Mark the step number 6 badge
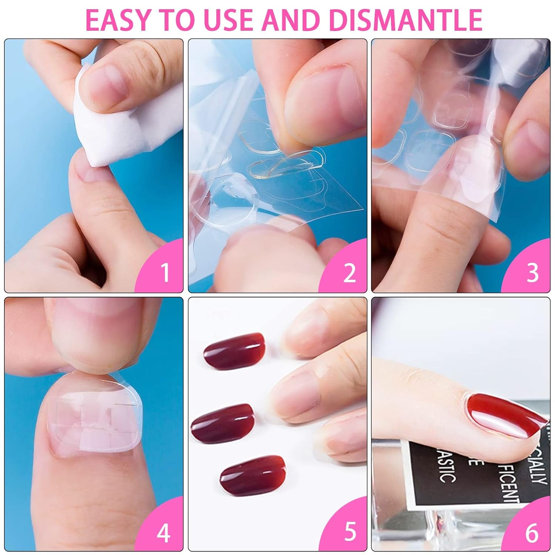(x=532, y=533)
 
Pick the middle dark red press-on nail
(x=222, y=422)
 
